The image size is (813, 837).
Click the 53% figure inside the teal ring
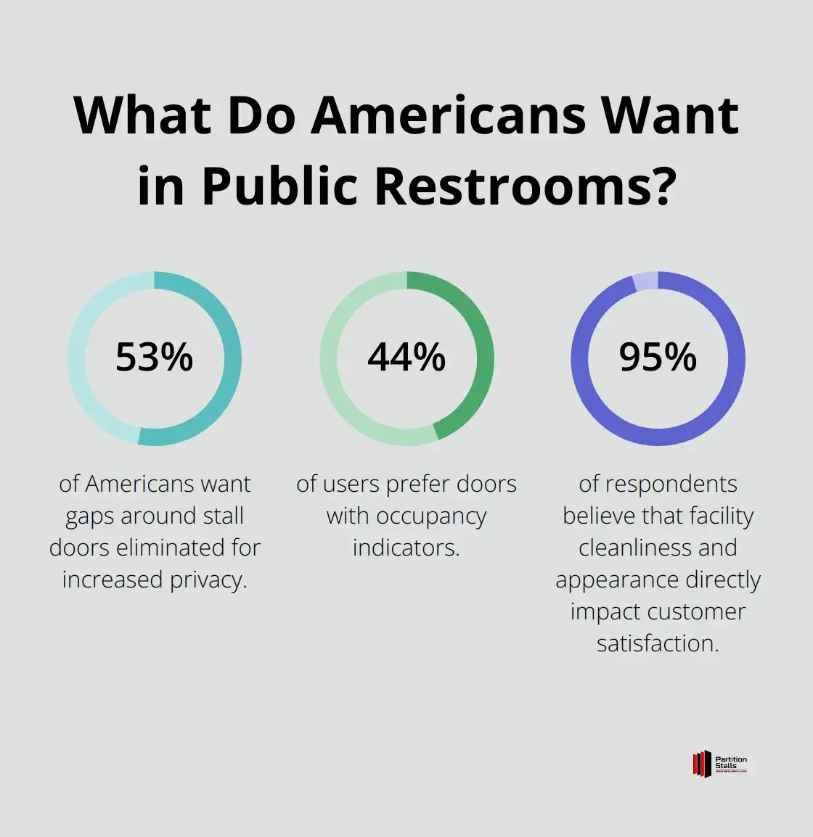[155, 358]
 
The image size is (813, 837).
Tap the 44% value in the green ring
[406, 358]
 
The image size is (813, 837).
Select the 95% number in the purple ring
[658, 358]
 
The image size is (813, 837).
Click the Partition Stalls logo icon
[700, 764]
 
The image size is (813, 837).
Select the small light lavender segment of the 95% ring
[645, 281]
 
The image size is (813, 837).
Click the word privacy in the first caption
[210, 580]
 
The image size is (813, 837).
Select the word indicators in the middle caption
[406, 548]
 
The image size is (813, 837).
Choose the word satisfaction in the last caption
[658, 643]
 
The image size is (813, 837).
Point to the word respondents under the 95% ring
[658, 484]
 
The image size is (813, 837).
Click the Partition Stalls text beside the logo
[730, 763]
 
